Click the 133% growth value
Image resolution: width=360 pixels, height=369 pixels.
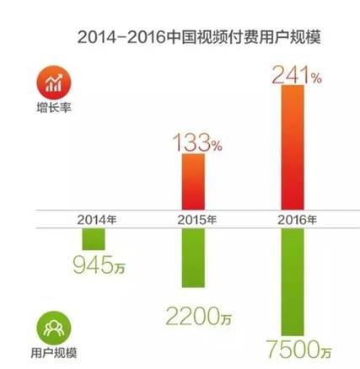196,141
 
